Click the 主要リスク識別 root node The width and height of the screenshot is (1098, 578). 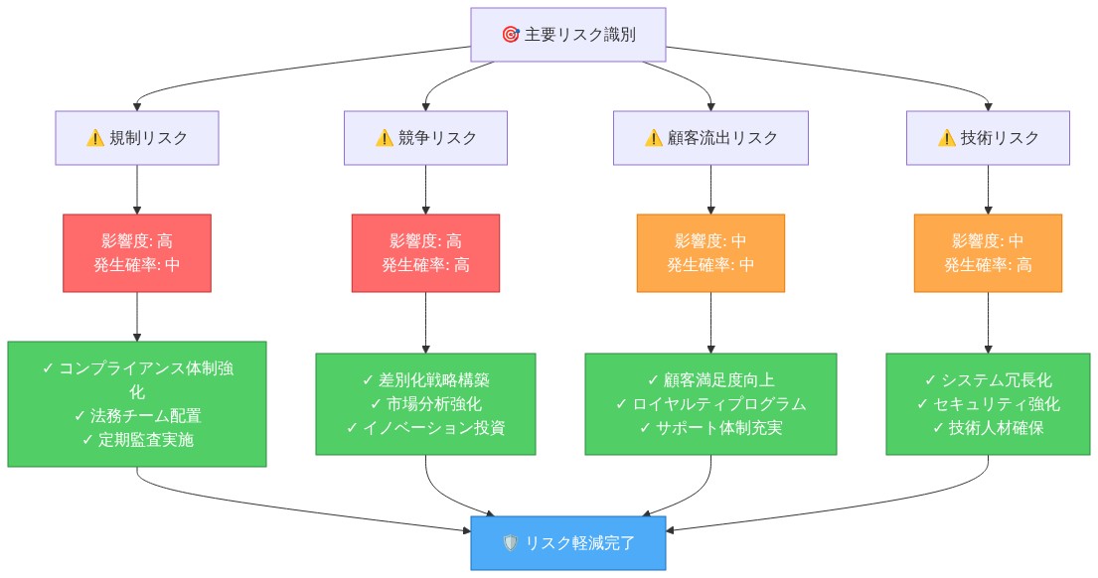567,35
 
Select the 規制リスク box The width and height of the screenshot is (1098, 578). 136,138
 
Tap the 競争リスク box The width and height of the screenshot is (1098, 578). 425,138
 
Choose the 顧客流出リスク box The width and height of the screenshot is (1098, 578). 710,138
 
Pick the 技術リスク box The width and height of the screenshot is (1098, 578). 988,138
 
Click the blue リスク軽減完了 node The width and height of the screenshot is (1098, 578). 567,543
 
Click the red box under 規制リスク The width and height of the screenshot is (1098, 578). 136,253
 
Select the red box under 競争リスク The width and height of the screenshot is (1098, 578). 425,253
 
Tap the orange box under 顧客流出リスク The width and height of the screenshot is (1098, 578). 710,253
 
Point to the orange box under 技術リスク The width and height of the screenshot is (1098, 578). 988,253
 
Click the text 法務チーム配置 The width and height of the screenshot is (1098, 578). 137,416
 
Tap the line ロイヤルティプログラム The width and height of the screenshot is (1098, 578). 710,404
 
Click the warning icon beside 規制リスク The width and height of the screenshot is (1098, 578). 95,138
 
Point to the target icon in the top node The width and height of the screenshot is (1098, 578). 511,35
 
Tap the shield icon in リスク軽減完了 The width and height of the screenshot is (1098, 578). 511,543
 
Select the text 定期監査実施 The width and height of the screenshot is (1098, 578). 137,440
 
